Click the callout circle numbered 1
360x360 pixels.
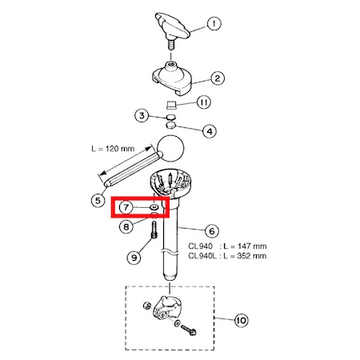coord(214,23)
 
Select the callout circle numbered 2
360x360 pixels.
coord(218,78)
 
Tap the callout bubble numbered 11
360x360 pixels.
coord(204,102)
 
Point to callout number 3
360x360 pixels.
coord(142,116)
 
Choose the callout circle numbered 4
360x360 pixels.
coord(210,131)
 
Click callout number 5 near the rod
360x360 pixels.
coord(98,200)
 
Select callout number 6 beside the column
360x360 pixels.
coord(212,231)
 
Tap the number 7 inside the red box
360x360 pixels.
coord(126,207)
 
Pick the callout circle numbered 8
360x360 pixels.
coord(126,226)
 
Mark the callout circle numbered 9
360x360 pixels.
coord(134,258)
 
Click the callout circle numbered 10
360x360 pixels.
coord(241,320)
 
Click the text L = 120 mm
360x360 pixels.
coord(113,149)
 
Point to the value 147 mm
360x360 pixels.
coord(252,246)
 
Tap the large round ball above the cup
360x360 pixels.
coord(171,148)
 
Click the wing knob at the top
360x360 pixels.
coord(172,26)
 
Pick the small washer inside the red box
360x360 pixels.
coord(154,207)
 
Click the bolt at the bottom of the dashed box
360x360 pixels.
coord(189,330)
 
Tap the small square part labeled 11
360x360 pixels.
coord(171,105)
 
